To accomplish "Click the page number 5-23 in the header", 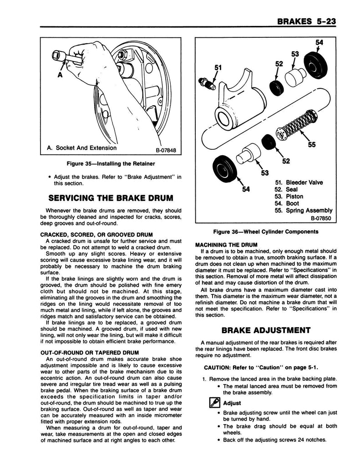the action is point(326,21).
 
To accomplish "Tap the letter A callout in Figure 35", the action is point(60,75).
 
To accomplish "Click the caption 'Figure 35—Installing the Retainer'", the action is point(111,164).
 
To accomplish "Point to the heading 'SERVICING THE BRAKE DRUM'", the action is point(111,198).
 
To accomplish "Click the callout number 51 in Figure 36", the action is point(218,68).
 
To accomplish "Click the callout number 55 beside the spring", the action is point(312,145).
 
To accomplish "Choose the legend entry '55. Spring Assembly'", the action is point(304,210).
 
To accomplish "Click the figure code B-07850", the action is point(321,218).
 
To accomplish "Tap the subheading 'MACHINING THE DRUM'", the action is point(226,245).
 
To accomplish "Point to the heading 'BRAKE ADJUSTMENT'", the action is point(266,330).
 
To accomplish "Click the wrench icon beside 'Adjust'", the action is point(215,403).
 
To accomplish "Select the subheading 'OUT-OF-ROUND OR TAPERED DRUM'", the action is point(90,353).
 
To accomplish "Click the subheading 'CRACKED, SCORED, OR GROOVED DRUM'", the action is point(96,235).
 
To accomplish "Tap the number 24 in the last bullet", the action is point(301,440).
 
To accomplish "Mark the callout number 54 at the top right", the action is point(319,42).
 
